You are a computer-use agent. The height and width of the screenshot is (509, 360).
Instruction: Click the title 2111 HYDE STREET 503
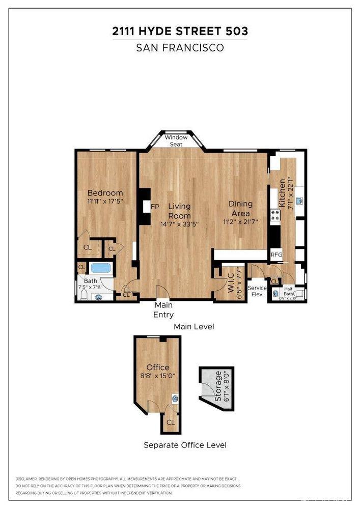[180, 32]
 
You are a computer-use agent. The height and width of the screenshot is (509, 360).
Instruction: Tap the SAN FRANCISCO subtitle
[180, 48]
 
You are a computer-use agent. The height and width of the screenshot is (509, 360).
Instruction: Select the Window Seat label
[176, 140]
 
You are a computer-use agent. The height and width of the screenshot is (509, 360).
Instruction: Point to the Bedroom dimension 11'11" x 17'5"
[105, 202]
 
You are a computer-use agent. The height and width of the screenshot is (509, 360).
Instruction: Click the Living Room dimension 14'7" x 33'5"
[179, 223]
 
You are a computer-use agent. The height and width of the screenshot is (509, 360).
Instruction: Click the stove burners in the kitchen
[275, 215]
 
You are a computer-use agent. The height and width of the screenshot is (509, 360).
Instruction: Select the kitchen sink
[299, 201]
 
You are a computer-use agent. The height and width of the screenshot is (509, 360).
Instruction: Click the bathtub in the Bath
[100, 268]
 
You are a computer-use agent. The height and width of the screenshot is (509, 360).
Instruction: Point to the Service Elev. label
[257, 291]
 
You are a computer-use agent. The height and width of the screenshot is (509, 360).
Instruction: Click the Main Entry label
[163, 310]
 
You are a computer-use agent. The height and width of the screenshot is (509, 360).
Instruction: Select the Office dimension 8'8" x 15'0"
[157, 377]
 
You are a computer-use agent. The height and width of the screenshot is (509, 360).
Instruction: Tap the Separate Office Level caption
[185, 445]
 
